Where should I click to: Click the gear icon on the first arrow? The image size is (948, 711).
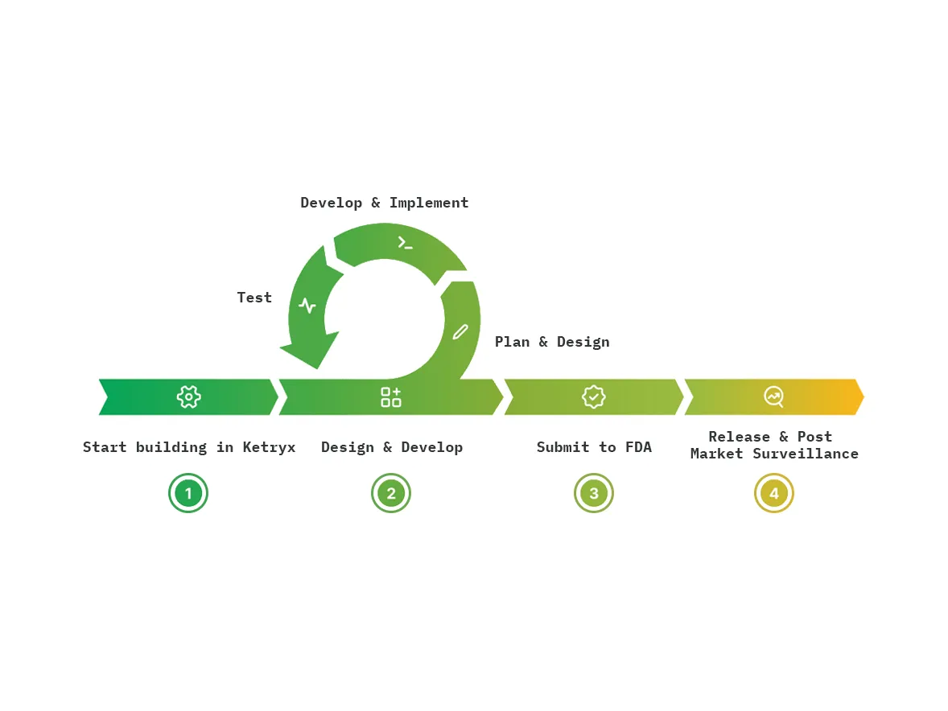pyautogui.click(x=188, y=397)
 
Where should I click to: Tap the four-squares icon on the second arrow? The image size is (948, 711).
pyautogui.click(x=391, y=397)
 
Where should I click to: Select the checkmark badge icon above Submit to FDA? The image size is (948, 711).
pyautogui.click(x=594, y=397)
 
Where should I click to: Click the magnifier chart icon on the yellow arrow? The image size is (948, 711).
pyautogui.click(x=773, y=397)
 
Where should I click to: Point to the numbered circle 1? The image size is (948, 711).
pyautogui.click(x=188, y=493)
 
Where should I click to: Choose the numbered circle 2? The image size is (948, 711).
pyautogui.click(x=391, y=493)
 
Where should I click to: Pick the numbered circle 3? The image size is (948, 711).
pyautogui.click(x=594, y=493)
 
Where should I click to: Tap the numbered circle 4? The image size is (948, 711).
pyautogui.click(x=774, y=493)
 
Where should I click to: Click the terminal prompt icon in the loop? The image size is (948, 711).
pyautogui.click(x=405, y=242)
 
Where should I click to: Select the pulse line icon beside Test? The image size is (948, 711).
pyautogui.click(x=307, y=306)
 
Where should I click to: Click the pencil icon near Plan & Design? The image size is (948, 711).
pyautogui.click(x=460, y=331)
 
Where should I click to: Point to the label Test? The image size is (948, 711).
pyautogui.click(x=254, y=298)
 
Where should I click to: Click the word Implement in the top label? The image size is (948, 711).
pyautogui.click(x=429, y=203)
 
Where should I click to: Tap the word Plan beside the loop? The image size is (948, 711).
pyautogui.click(x=512, y=342)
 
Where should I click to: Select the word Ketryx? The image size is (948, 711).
pyautogui.click(x=269, y=447)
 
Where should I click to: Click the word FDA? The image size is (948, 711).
pyautogui.click(x=638, y=447)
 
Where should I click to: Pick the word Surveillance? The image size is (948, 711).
pyautogui.click(x=806, y=454)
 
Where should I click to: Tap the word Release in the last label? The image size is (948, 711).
pyautogui.click(x=739, y=437)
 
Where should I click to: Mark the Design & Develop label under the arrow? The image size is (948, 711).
pyautogui.click(x=392, y=447)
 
